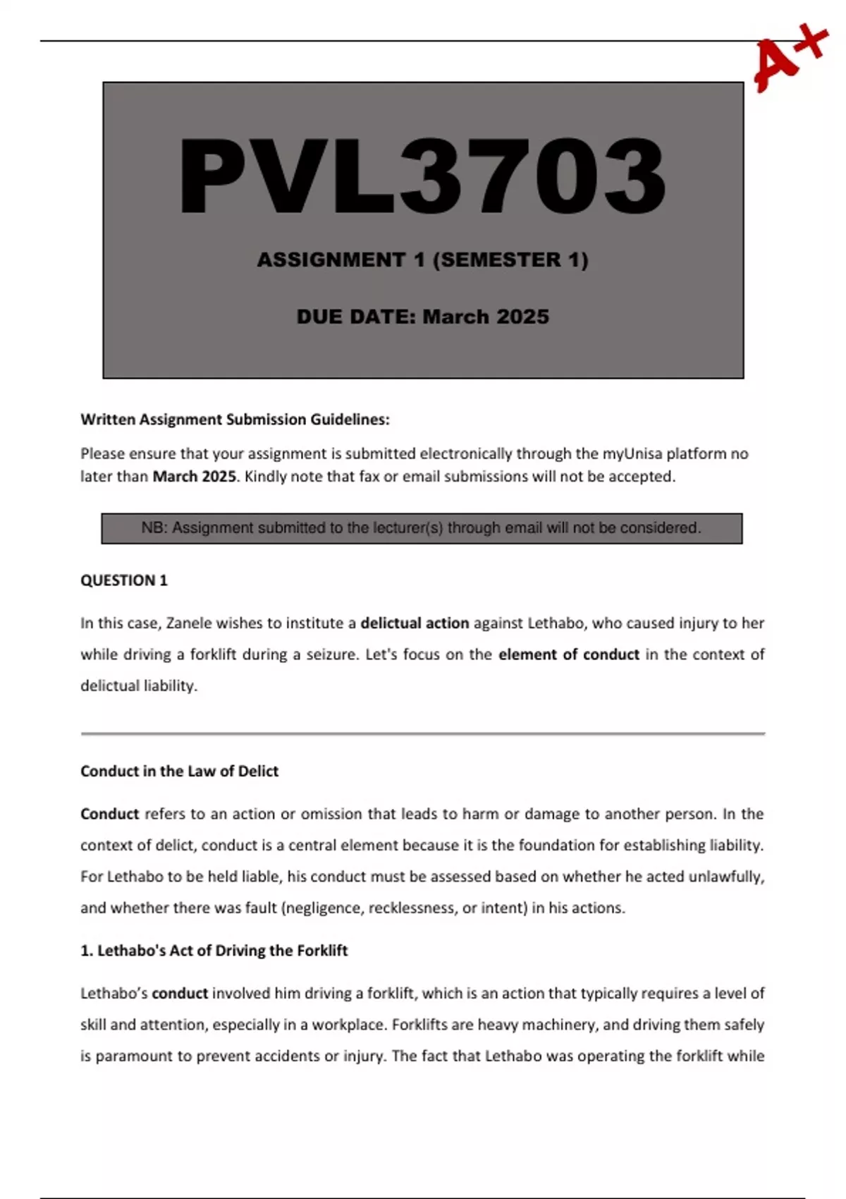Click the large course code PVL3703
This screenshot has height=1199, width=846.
coord(423,176)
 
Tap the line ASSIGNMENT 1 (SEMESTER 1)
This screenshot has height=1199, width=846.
coord(423,260)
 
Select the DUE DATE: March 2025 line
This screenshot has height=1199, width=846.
coord(423,317)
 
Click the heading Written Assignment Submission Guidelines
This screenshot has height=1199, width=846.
coord(235,420)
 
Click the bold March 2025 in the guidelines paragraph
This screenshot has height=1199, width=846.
coord(194,477)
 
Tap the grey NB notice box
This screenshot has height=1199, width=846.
coord(422,528)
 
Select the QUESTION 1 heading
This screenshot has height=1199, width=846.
coord(124,580)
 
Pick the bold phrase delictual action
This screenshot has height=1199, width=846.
coord(415,623)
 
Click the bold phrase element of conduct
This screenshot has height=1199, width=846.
coord(568,655)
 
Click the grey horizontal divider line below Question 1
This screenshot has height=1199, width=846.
coord(423,734)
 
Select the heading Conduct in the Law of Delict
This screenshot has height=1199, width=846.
coord(179,772)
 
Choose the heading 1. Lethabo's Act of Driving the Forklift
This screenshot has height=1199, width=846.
coord(214,951)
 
